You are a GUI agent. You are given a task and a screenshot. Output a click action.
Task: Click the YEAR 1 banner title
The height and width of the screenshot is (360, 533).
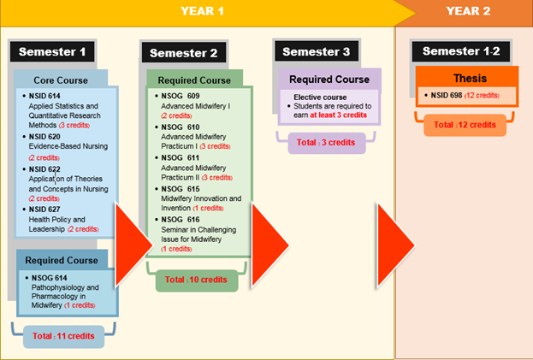coord(202,11)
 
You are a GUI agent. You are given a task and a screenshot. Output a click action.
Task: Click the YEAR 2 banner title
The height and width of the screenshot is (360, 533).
coord(468,11)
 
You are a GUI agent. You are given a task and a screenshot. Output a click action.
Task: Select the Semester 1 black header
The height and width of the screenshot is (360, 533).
coord(52,51)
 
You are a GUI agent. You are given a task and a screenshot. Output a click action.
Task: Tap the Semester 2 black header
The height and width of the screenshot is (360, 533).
coord(184,53)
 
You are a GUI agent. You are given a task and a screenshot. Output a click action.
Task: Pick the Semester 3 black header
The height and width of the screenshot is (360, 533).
coord(317,51)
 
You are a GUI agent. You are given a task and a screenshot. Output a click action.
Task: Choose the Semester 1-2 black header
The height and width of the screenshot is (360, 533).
coord(461,51)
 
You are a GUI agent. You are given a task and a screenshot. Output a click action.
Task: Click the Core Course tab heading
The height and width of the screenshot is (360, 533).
coord(61,80)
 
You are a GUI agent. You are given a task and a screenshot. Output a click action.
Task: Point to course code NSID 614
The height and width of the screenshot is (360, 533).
coord(44,96)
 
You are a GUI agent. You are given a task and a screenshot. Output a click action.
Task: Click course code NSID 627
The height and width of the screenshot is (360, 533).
coord(44,210)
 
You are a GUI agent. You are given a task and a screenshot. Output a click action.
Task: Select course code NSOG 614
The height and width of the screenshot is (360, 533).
coord(50,278)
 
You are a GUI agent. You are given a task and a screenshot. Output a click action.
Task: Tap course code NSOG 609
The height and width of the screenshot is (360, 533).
coord(181,96)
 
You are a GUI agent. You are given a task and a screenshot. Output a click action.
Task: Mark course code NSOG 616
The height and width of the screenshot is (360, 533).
coord(181,220)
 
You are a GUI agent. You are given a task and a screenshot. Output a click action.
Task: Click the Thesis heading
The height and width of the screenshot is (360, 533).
coord(470,79)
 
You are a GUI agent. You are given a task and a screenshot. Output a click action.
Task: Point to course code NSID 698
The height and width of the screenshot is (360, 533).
coord(447,96)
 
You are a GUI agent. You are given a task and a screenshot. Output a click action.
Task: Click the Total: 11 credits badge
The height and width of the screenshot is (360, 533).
coord(63,336)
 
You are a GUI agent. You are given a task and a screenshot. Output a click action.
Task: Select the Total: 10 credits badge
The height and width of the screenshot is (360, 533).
coord(197,280)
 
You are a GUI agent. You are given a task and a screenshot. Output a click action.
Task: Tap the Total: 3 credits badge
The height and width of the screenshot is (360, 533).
coord(326,143)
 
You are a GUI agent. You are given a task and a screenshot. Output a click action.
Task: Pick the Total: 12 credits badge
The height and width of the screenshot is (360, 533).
coord(465,125)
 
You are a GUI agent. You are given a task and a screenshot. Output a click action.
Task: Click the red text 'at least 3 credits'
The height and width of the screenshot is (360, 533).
coord(338,115)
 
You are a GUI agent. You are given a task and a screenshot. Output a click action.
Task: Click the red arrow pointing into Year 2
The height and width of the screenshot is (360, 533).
coord(395,245)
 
